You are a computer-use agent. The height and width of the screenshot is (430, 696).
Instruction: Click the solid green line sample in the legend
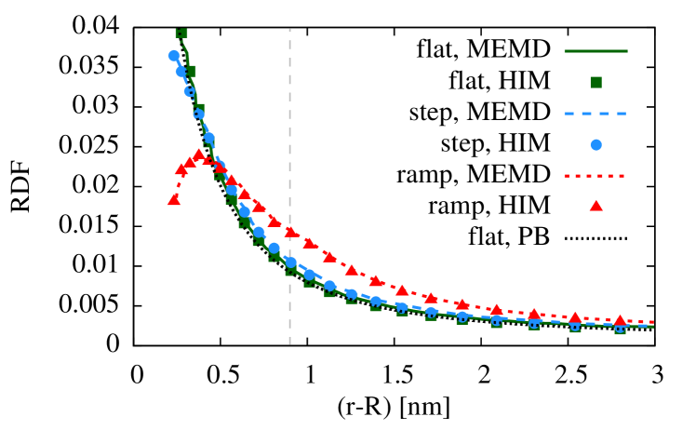pyautogui.click(x=596, y=51)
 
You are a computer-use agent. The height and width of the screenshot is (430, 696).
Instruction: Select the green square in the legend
pyautogui.click(x=596, y=82)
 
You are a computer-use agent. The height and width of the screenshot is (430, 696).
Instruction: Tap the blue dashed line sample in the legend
pyautogui.click(x=596, y=114)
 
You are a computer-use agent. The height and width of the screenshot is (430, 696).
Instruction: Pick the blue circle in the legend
pyautogui.click(x=596, y=144)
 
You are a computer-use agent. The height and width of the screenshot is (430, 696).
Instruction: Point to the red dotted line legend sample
pyautogui.click(x=596, y=175)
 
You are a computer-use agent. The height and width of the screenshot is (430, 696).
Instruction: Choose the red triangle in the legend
pyautogui.click(x=596, y=206)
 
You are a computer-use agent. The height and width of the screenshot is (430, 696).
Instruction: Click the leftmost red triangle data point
pyautogui.click(x=174, y=199)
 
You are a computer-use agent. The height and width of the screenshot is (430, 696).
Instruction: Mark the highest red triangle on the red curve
pyautogui.click(x=198, y=155)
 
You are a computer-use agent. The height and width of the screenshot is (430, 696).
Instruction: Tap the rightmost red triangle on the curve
pyautogui.click(x=620, y=319)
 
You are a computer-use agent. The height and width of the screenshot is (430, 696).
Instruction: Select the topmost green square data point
pyautogui.click(x=181, y=33)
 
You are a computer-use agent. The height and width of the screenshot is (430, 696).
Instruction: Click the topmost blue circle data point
pyautogui.click(x=174, y=56)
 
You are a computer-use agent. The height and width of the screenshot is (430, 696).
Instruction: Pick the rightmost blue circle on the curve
pyautogui.click(x=620, y=328)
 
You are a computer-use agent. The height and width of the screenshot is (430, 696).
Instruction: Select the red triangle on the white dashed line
pyautogui.click(x=290, y=232)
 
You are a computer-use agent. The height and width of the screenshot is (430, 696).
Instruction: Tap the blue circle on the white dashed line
pyautogui.click(x=290, y=262)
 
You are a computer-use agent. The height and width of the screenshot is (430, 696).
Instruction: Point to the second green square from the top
pyautogui.click(x=190, y=71)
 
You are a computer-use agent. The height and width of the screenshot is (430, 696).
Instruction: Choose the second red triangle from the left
pyautogui.click(x=181, y=169)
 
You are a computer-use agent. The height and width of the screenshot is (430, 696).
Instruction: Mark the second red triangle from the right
pyautogui.click(x=575, y=317)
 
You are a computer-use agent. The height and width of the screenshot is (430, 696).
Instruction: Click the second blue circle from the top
pyautogui.click(x=181, y=72)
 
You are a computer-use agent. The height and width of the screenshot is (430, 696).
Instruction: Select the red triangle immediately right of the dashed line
pyautogui.click(x=310, y=243)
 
